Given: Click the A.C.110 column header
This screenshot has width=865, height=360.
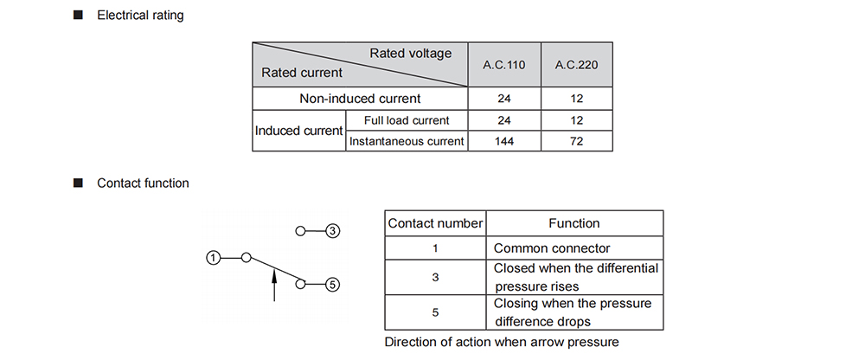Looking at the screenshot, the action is [x=504, y=65].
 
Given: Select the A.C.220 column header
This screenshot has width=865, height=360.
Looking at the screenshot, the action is [x=576, y=65].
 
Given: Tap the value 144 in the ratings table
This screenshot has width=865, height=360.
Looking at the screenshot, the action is [x=504, y=141].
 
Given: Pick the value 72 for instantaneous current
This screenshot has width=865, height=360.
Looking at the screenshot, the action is [x=576, y=141].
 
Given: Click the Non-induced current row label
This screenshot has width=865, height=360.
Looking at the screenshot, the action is [x=360, y=99].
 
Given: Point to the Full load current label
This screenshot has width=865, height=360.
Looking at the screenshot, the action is [x=407, y=120].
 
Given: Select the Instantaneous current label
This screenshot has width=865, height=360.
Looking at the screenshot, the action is [x=407, y=141].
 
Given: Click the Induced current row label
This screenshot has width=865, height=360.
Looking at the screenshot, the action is [x=299, y=131].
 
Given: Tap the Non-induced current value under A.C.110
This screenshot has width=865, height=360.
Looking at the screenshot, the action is [x=504, y=99].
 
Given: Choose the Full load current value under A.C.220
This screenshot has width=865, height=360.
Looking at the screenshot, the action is [x=576, y=120].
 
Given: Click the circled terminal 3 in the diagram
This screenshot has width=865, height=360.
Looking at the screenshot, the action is [x=332, y=231].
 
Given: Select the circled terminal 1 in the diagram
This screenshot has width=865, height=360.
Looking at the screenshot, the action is [x=213, y=257].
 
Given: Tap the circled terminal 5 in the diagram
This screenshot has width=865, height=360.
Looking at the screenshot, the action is [x=332, y=285].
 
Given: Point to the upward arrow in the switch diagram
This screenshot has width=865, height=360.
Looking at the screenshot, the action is [x=274, y=285].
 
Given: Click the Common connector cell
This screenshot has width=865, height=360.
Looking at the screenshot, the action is [x=552, y=248].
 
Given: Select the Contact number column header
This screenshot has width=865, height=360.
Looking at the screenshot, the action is [x=435, y=223].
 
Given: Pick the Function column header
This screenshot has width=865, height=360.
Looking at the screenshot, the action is [x=574, y=223].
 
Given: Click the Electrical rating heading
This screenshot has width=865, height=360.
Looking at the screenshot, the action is [x=140, y=16].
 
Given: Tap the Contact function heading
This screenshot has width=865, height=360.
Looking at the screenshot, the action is [x=143, y=183].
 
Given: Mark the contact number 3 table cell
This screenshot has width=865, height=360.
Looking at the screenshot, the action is [x=435, y=277].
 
